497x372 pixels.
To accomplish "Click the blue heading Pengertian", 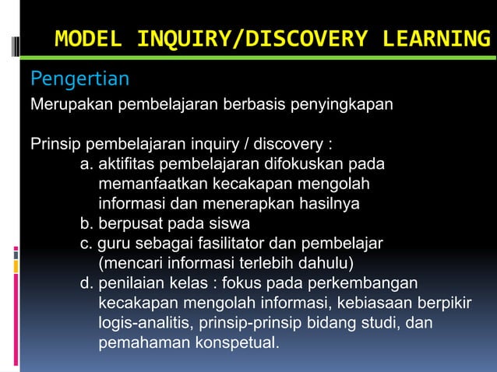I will pos(79,79).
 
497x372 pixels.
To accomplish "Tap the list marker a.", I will pos(86,165).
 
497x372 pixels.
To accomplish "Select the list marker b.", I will pos(86,224).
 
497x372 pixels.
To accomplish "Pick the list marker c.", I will pos(86,244).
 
